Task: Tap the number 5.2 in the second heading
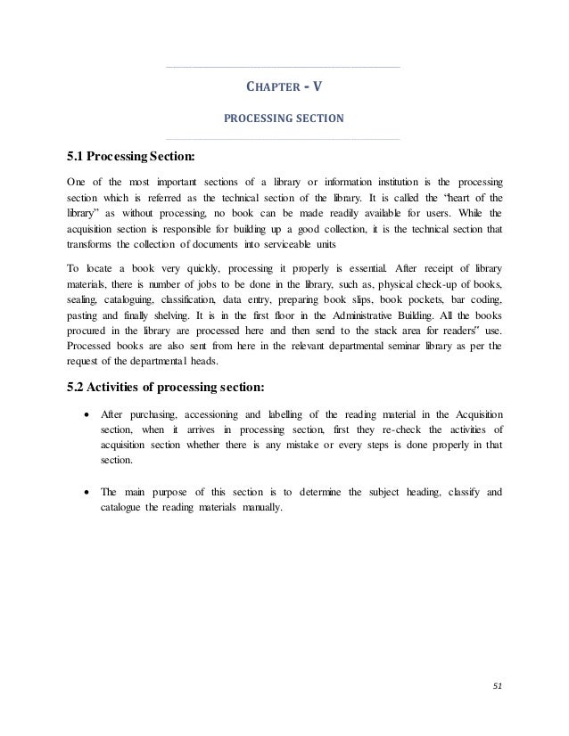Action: click(x=78, y=386)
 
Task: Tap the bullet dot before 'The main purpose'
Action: click(x=85, y=491)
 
